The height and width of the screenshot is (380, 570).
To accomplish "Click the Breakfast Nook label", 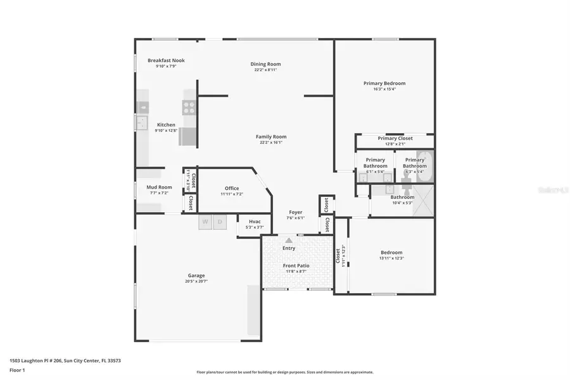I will point(166,61).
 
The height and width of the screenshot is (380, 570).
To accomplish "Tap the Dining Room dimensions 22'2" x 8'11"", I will point(265,70).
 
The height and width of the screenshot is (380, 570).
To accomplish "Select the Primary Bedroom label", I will point(384,83).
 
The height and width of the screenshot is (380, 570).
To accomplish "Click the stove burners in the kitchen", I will point(189,108).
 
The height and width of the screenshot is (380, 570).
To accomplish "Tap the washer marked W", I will point(205,222).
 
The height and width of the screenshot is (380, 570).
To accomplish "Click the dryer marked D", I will point(220,222).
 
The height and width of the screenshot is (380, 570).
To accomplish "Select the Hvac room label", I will point(254,222).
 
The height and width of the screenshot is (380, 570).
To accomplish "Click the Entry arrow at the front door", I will point(289,241).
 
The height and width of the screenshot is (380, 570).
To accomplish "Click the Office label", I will point(232,188).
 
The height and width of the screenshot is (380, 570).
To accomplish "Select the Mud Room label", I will point(159,187).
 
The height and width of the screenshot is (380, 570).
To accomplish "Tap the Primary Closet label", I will point(395,138).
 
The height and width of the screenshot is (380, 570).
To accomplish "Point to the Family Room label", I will point(271,137).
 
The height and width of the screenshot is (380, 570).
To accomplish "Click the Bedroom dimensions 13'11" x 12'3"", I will point(391,258).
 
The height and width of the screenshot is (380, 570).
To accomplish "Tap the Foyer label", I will point(295,212).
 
